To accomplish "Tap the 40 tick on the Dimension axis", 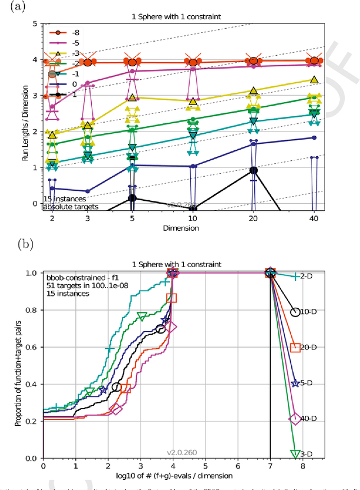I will (x=314, y=218).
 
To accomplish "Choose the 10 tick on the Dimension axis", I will (x=193, y=218).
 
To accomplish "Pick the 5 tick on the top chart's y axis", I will (x=35, y=24).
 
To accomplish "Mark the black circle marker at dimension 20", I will (x=254, y=170).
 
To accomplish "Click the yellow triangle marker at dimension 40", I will (x=314, y=80).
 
